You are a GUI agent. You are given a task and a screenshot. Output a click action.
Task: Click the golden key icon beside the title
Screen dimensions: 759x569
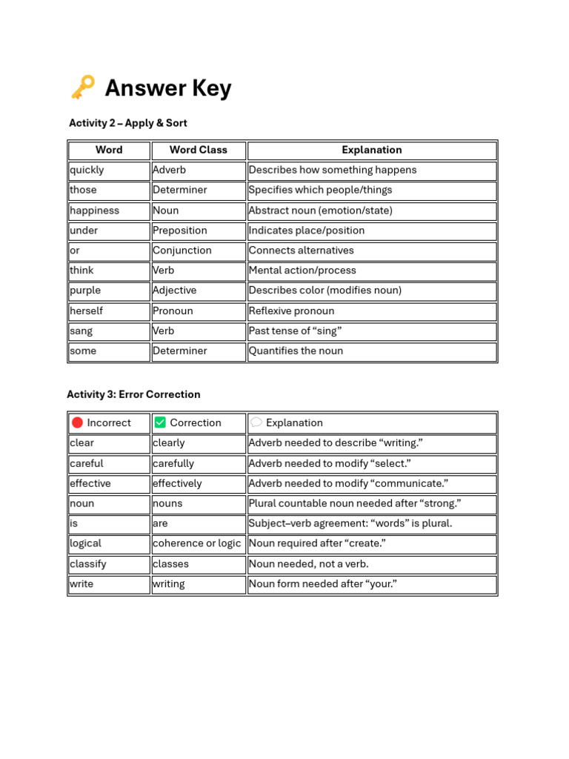83,87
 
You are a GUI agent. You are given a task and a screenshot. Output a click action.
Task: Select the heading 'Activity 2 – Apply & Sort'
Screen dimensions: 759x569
127,123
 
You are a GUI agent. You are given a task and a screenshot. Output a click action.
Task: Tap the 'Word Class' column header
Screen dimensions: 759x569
198,150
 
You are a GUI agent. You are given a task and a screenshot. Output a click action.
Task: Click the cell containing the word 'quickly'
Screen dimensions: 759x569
87,170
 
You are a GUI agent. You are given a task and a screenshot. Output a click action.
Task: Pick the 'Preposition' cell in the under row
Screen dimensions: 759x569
179,231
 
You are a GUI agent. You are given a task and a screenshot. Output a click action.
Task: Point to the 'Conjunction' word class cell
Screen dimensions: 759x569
182,251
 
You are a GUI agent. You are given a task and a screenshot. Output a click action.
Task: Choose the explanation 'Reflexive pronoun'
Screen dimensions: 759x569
291,311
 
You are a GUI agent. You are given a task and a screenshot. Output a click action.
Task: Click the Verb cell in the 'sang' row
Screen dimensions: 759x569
164,331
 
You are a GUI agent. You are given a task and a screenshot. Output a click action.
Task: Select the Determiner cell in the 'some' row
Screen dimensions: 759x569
179,351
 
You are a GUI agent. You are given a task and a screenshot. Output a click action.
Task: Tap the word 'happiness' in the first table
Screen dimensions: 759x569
94,211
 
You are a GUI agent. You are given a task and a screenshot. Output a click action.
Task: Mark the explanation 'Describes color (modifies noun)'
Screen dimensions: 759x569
325,291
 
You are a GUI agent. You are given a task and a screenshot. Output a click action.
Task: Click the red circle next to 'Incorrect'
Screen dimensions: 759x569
77,422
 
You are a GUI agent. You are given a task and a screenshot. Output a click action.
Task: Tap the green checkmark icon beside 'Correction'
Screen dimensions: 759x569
160,422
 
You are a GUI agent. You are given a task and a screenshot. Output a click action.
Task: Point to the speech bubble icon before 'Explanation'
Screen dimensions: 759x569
256,422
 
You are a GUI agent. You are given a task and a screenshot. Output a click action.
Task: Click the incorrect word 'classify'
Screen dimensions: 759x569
88,564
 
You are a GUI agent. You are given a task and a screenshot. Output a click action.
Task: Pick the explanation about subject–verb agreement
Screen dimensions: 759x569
350,523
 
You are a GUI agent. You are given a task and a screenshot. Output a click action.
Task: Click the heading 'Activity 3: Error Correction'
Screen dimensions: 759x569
133,394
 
